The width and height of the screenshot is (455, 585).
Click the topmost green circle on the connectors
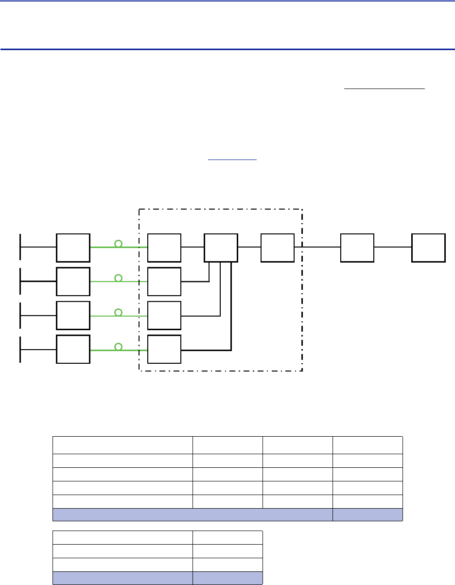click(x=118, y=243)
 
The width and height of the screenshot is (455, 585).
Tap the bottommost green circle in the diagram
click(x=118, y=346)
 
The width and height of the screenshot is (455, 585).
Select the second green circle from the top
click(x=118, y=278)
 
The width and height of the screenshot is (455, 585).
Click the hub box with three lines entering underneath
click(x=221, y=248)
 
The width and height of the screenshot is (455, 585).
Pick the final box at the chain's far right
click(x=428, y=248)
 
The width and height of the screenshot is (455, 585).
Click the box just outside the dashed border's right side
click(x=357, y=248)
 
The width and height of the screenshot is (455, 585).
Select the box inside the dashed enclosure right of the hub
click(x=277, y=248)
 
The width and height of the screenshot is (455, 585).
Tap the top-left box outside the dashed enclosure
click(x=73, y=248)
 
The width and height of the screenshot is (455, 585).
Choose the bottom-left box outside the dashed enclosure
click(x=73, y=349)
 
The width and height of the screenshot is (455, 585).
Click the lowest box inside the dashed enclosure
click(x=164, y=349)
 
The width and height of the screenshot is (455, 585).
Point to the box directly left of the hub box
click(x=164, y=248)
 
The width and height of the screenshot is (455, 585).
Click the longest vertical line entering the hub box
click(x=231, y=306)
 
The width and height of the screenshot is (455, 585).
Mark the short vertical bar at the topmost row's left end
click(x=20, y=247)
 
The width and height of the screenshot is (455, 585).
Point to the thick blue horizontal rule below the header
click(x=227, y=49)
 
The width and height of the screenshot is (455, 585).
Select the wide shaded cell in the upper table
click(x=192, y=514)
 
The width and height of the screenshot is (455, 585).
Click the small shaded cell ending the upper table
click(x=367, y=514)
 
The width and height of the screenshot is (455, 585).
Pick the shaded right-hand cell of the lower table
click(x=227, y=578)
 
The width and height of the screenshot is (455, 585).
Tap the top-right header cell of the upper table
click(x=367, y=445)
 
